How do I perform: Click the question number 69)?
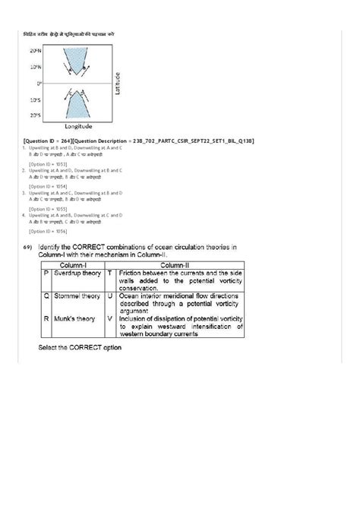[27, 248]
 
